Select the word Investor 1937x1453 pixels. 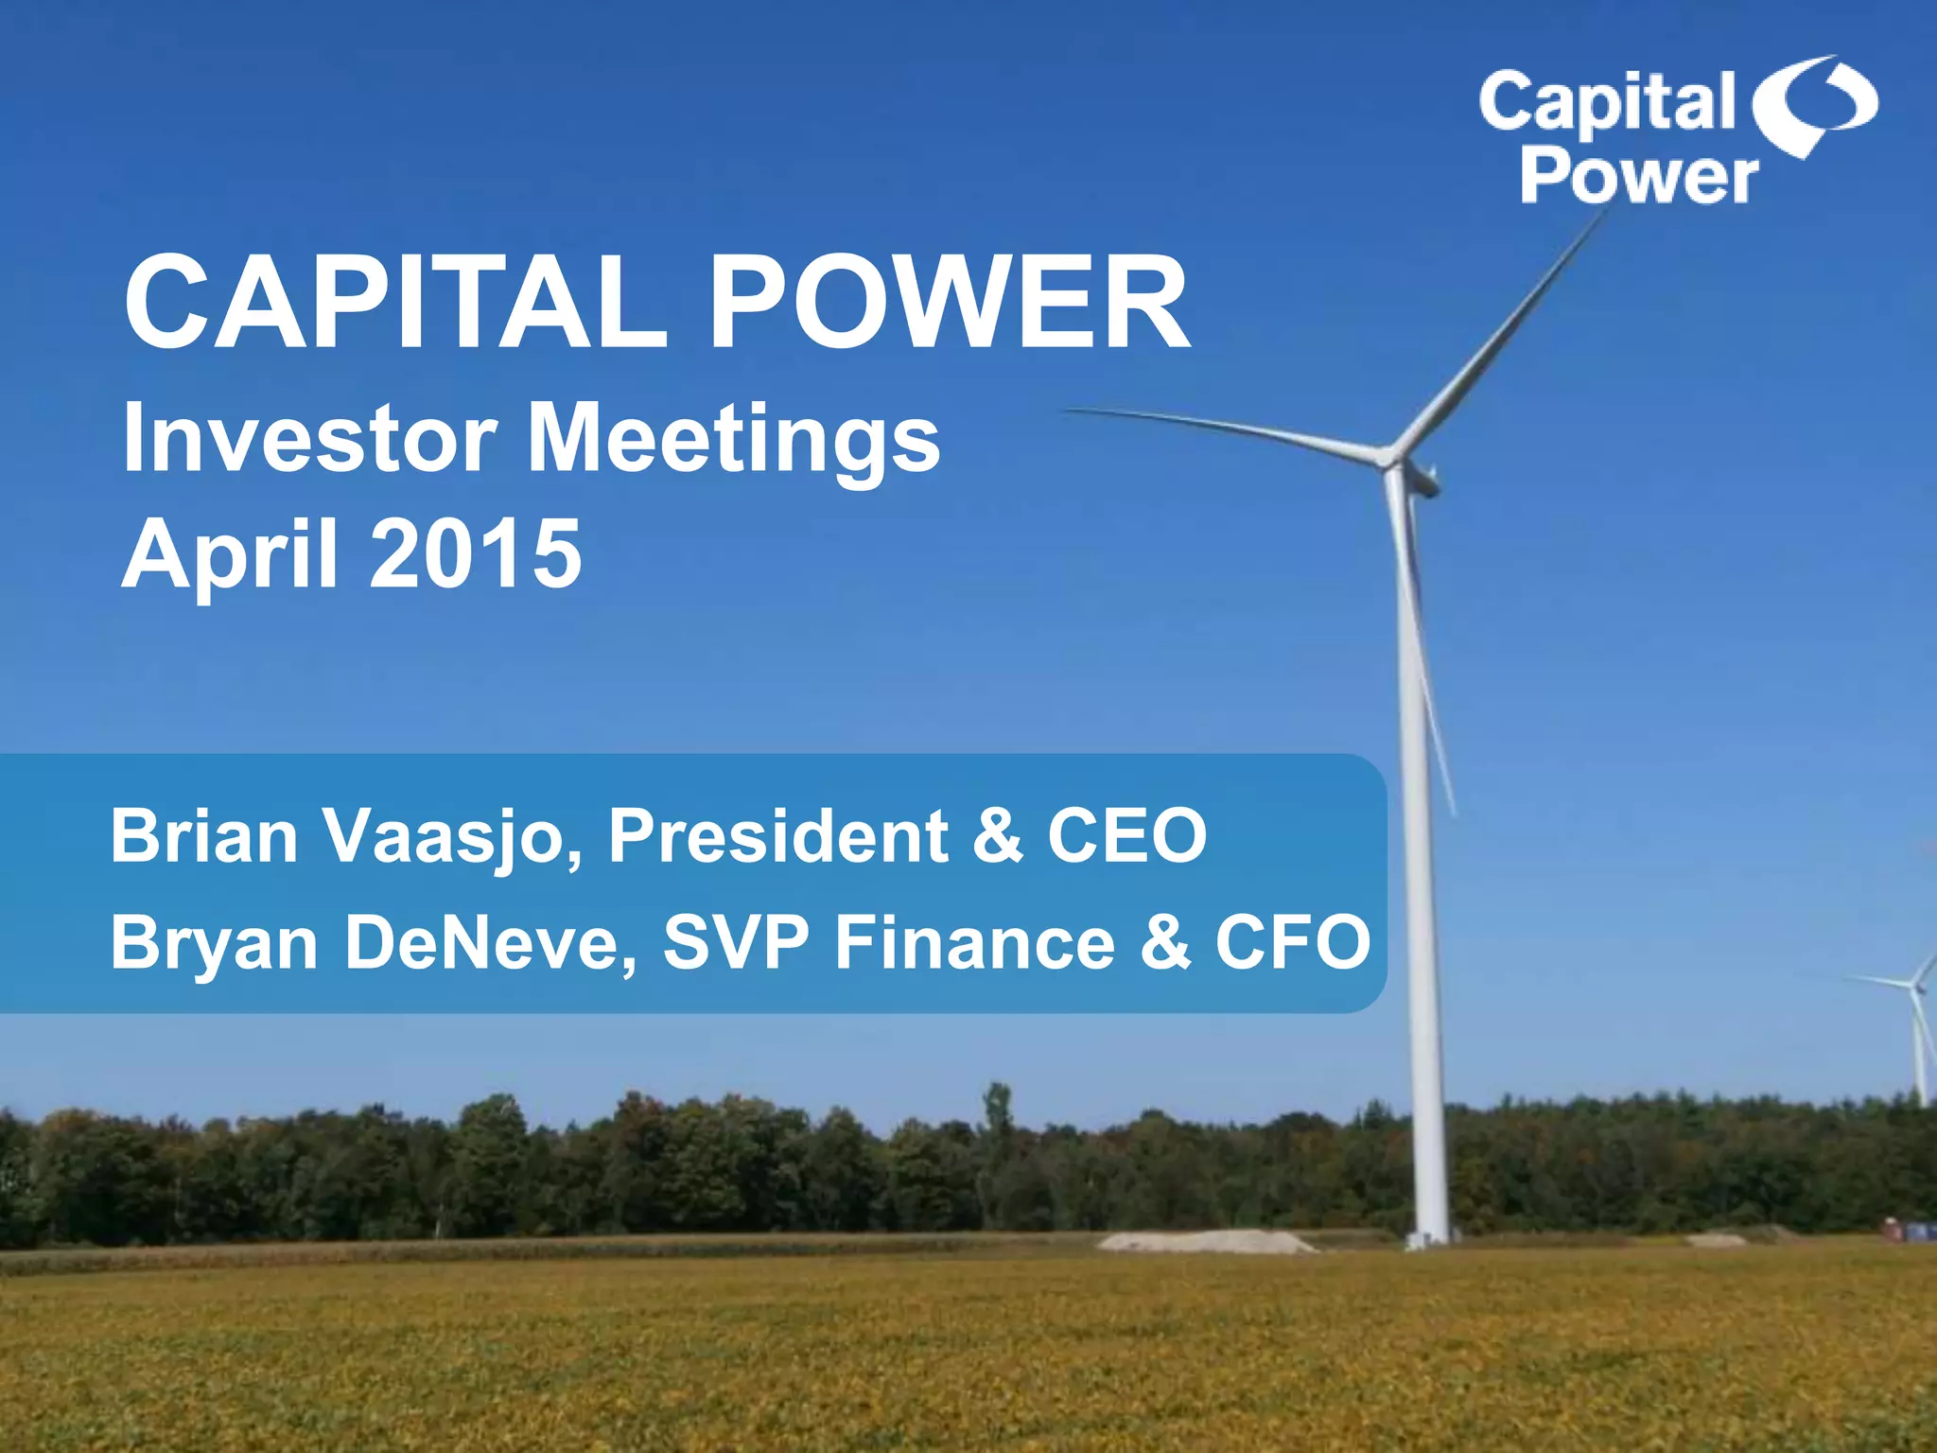pos(309,438)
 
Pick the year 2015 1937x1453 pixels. pos(476,553)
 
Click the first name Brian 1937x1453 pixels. pos(204,836)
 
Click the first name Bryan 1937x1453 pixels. pos(214,944)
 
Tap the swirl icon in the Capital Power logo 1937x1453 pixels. pos(1814,105)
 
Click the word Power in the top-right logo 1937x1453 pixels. pos(1639,177)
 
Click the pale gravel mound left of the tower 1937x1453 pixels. pos(1206,1240)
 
